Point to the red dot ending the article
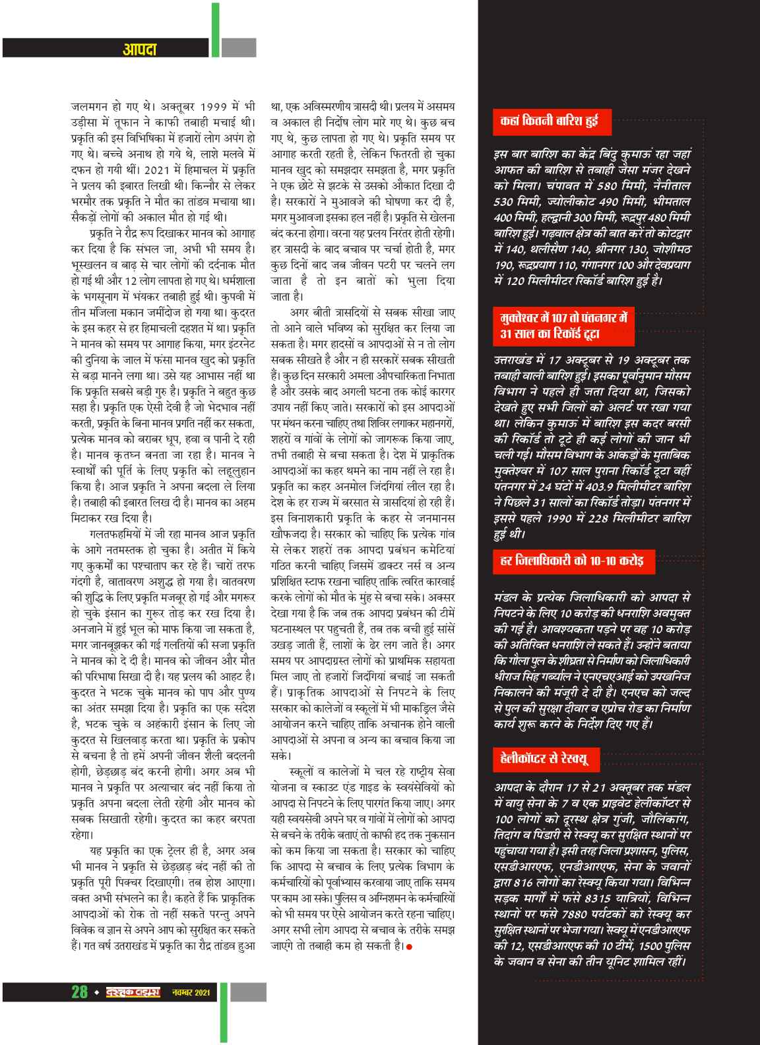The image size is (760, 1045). (x=410, y=947)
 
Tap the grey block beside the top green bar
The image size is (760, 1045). (x=238, y=48)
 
